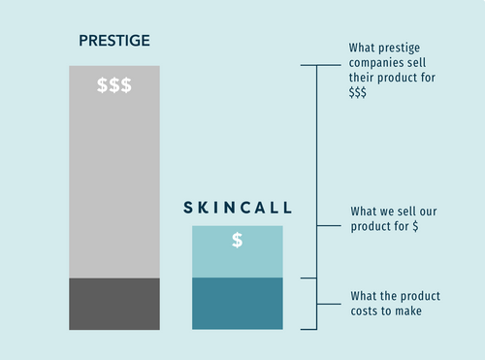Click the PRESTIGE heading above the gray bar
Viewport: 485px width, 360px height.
click(x=114, y=41)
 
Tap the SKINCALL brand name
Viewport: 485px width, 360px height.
click(x=238, y=208)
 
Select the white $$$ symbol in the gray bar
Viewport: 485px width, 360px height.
click(x=114, y=85)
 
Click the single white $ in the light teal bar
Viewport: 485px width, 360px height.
click(x=238, y=240)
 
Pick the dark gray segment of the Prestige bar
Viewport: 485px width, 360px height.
click(x=114, y=304)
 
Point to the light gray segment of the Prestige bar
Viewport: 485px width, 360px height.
click(x=114, y=172)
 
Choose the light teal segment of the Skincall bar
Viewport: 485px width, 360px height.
click(x=238, y=251)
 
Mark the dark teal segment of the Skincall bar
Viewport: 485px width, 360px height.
click(x=238, y=304)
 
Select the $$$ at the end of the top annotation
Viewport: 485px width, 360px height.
click(x=357, y=92)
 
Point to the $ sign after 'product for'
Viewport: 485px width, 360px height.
click(x=415, y=226)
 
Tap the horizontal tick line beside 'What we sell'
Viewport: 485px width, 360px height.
click(x=329, y=225)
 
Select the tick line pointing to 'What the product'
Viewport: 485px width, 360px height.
click(x=329, y=304)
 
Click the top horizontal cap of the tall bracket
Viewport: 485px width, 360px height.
click(x=321, y=65)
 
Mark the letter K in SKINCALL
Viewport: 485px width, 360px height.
click(x=204, y=208)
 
